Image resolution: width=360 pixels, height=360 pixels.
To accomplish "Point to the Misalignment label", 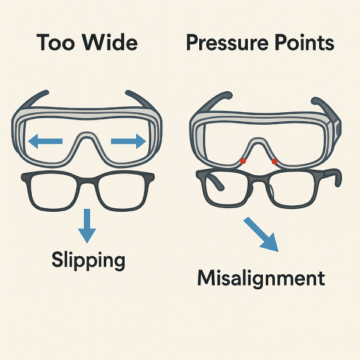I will (261, 279).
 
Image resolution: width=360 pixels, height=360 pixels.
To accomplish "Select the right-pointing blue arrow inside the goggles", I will (128, 142).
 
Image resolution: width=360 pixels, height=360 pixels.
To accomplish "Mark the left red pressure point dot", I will (242, 161).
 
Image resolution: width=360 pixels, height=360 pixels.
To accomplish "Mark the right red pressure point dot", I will (274, 161).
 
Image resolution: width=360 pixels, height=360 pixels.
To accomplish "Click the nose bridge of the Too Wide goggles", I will (88, 143).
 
